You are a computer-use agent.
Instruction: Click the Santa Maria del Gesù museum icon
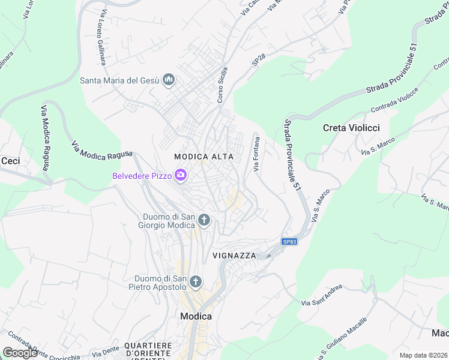tap(169, 80)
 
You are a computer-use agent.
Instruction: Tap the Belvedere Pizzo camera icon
tap(181, 175)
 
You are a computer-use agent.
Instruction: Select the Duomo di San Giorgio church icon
tap(204, 220)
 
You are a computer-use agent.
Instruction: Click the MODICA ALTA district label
tap(203, 157)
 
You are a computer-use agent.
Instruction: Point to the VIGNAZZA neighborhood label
tap(234, 256)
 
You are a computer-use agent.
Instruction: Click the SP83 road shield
tap(289, 242)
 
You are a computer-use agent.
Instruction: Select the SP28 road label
tap(259, 59)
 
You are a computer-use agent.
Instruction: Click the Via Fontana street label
tap(257, 155)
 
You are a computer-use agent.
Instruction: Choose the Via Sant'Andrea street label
tap(322, 295)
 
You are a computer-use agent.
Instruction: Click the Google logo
tap(19, 353)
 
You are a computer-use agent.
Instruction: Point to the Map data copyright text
tap(423, 355)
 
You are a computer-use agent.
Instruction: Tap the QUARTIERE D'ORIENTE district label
tap(148, 350)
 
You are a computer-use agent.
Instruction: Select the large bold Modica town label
tap(196, 316)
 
